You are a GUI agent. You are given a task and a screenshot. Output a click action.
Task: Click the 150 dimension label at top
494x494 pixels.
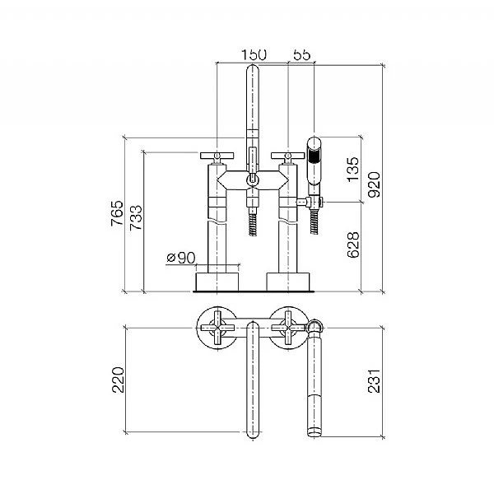(254, 54)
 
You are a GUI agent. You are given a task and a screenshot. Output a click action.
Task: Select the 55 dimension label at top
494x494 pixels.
(302, 54)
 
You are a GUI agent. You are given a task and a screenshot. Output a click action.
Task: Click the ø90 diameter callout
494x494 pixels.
(180, 258)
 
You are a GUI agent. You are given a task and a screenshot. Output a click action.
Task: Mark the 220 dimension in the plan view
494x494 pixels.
(118, 379)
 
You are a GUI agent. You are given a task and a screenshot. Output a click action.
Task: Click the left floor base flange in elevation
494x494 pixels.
(217, 282)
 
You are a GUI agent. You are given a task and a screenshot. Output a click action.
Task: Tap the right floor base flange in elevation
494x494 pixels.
(289, 282)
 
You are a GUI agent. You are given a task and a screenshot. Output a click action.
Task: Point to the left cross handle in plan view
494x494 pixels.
(217, 328)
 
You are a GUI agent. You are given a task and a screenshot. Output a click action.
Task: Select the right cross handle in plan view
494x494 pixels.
(289, 328)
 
